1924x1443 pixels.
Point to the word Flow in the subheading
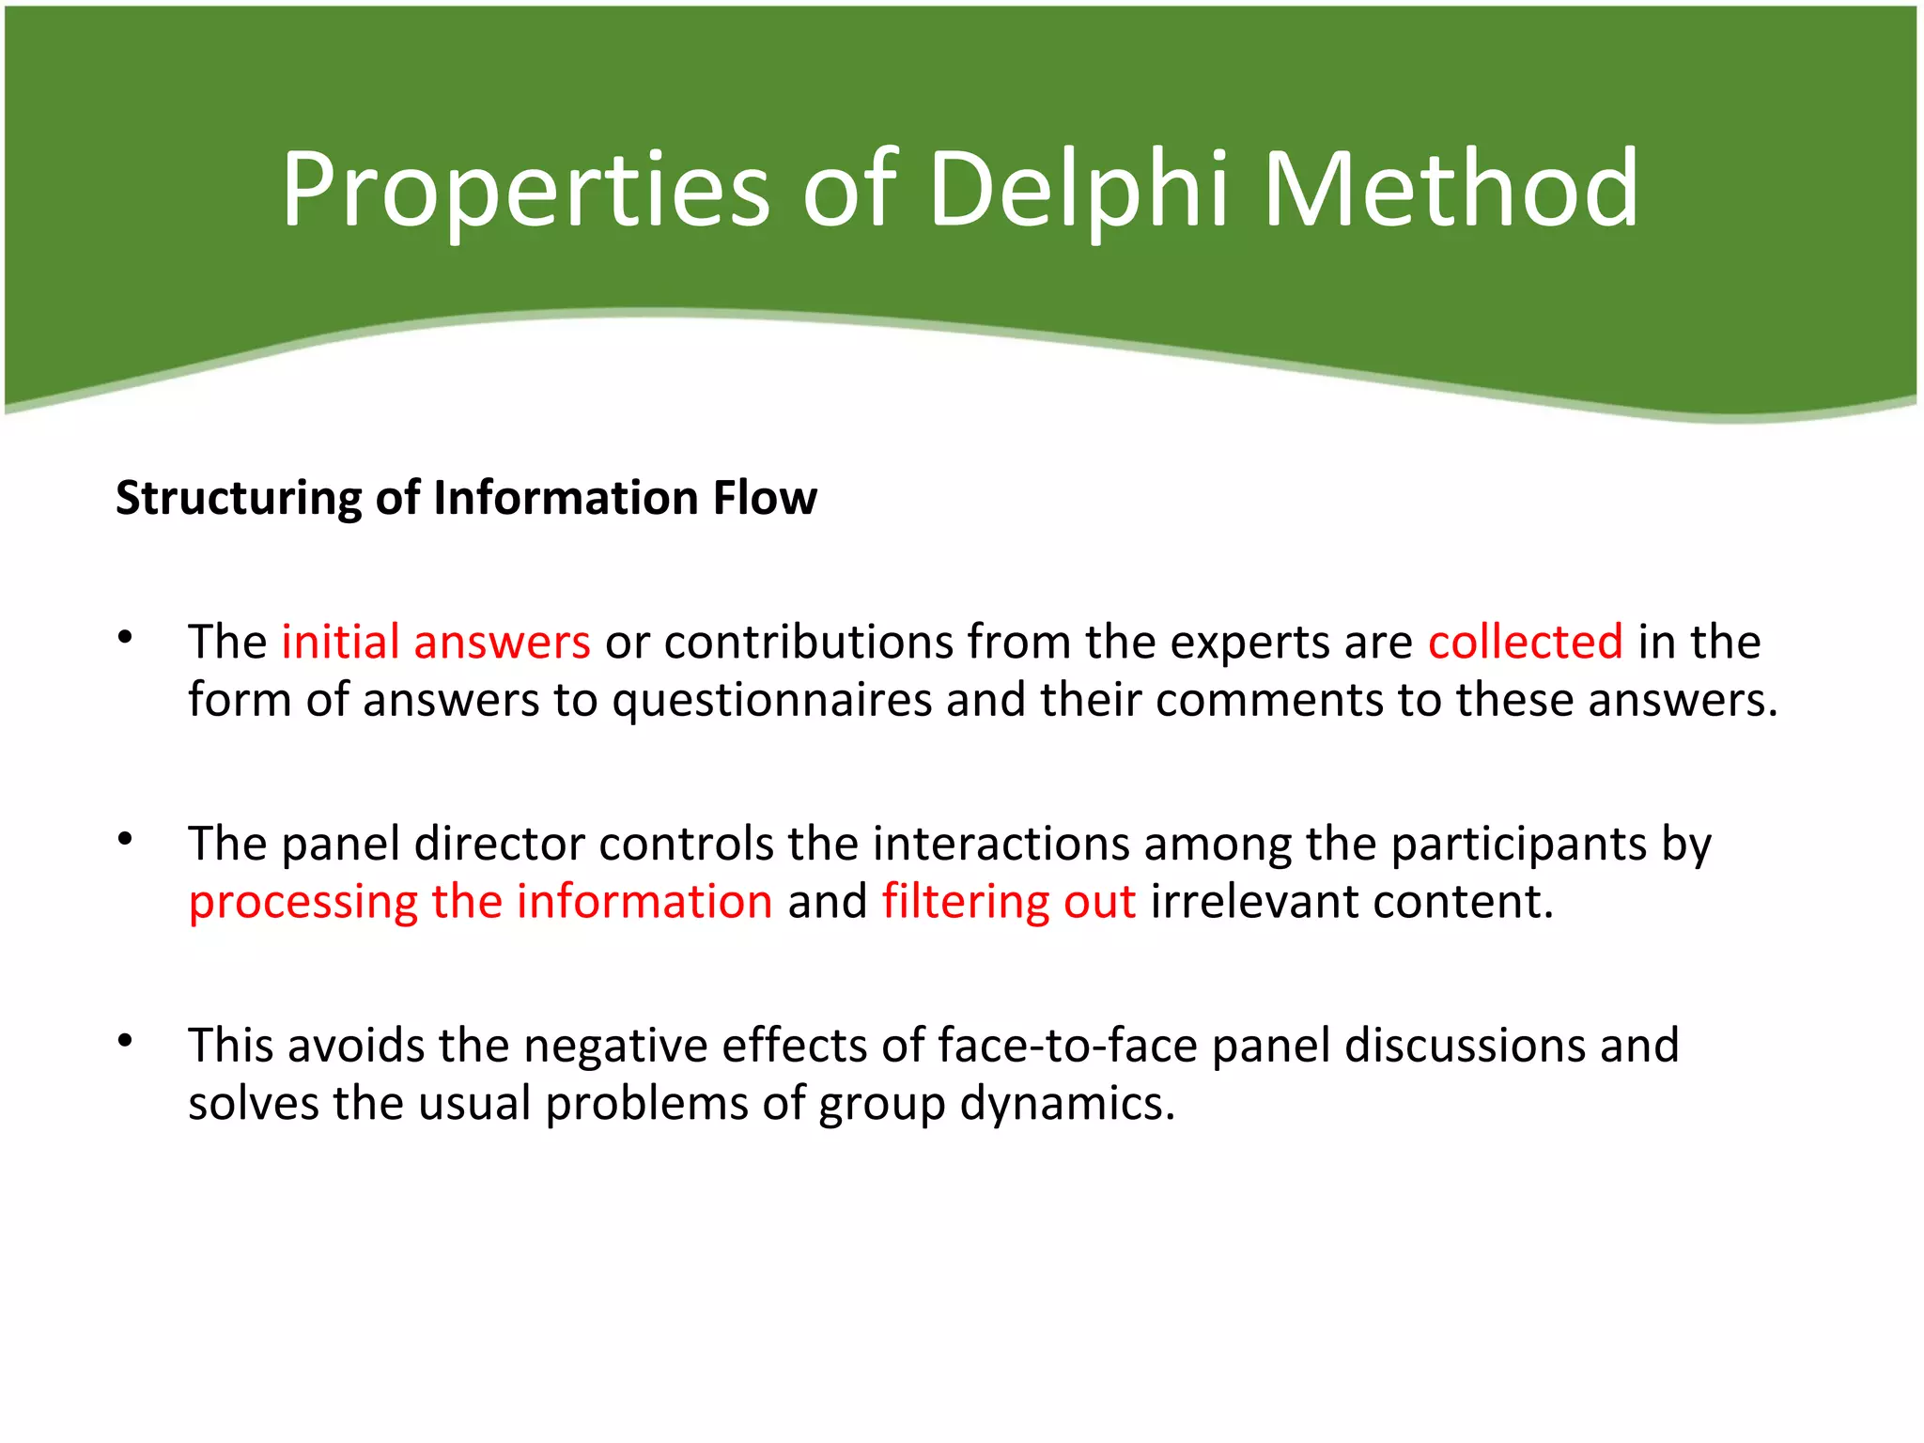click(765, 497)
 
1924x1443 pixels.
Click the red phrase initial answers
click(436, 643)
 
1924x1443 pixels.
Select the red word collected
click(1526, 643)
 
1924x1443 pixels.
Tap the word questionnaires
click(771, 701)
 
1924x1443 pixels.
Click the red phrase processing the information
click(481, 903)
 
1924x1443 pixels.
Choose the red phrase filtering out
click(1009, 902)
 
